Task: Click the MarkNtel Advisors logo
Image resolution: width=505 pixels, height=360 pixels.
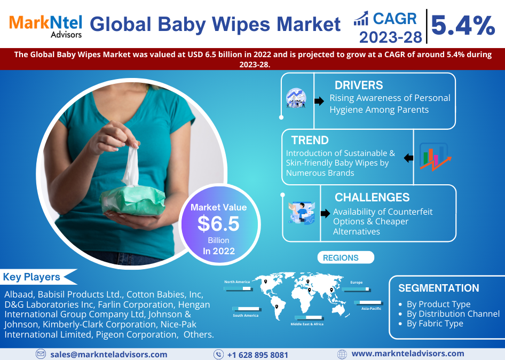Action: [45, 26]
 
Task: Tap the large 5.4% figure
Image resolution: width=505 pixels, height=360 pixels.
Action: [463, 26]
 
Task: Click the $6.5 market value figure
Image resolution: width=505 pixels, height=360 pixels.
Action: [218, 224]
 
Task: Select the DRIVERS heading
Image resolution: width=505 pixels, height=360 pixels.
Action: [359, 85]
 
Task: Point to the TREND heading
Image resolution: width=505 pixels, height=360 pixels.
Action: [310, 140]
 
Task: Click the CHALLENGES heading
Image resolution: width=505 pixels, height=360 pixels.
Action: [372, 197]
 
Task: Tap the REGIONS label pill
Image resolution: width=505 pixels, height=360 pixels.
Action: [345, 257]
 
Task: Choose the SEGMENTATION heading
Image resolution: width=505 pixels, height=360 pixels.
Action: [439, 288]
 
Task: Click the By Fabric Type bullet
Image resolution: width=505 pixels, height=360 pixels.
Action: [435, 323]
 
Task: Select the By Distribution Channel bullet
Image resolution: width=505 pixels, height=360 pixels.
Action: [453, 314]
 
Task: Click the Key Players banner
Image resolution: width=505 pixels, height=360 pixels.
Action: [38, 277]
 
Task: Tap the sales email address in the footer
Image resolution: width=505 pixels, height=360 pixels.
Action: [108, 355]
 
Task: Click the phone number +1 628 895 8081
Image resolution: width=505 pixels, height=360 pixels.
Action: [258, 355]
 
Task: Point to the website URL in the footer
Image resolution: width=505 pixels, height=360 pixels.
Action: [408, 354]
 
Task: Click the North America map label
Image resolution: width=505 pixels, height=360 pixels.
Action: [237, 281]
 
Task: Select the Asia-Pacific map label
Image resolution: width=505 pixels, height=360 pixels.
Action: [372, 308]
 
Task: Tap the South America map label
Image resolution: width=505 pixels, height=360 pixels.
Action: [246, 316]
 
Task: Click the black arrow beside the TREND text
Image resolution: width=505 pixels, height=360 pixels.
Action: [409, 158]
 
